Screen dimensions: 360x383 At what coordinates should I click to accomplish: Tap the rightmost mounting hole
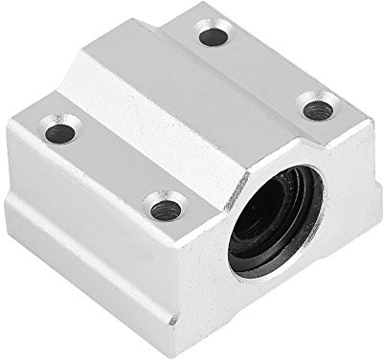pos(318,109)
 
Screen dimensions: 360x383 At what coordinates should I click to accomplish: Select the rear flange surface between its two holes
pos(268,72)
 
